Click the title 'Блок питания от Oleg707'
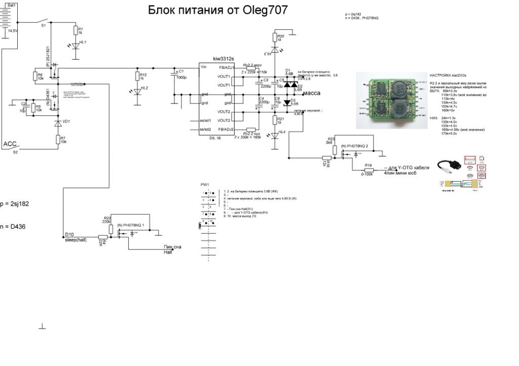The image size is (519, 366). click(x=218, y=10)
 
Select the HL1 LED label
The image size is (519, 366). click(x=82, y=42)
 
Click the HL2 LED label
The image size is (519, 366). click(x=144, y=88)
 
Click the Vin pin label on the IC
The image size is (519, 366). click(x=203, y=67)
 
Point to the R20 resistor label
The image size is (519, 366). click(x=281, y=36)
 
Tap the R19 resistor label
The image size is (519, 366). click(x=368, y=166)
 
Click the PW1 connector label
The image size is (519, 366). click(x=205, y=185)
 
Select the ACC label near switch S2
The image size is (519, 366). click(x=10, y=144)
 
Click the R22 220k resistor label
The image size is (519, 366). click(x=106, y=218)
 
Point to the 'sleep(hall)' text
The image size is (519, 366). click(x=76, y=240)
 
